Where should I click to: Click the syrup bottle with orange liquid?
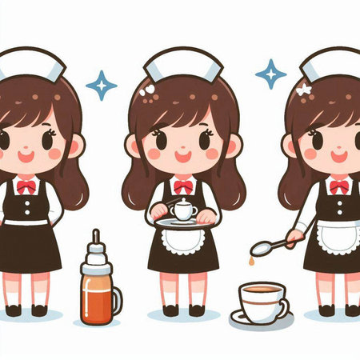point(97,293)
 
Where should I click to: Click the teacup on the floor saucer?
point(262,302)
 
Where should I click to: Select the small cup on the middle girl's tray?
point(184,210)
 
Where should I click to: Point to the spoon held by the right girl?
point(272,242)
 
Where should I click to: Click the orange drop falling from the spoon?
point(250,262)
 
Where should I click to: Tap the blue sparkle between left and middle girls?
point(101,84)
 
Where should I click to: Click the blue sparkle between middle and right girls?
point(270,74)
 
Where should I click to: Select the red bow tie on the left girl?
point(26,186)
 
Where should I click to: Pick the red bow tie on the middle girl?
point(183,186)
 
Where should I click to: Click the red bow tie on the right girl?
point(339,187)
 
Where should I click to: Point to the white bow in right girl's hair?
point(303,90)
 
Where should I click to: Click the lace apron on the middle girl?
point(184,240)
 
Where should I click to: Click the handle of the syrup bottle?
point(118,300)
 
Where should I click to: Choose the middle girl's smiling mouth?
point(182,158)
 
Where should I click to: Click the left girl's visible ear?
point(75,146)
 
